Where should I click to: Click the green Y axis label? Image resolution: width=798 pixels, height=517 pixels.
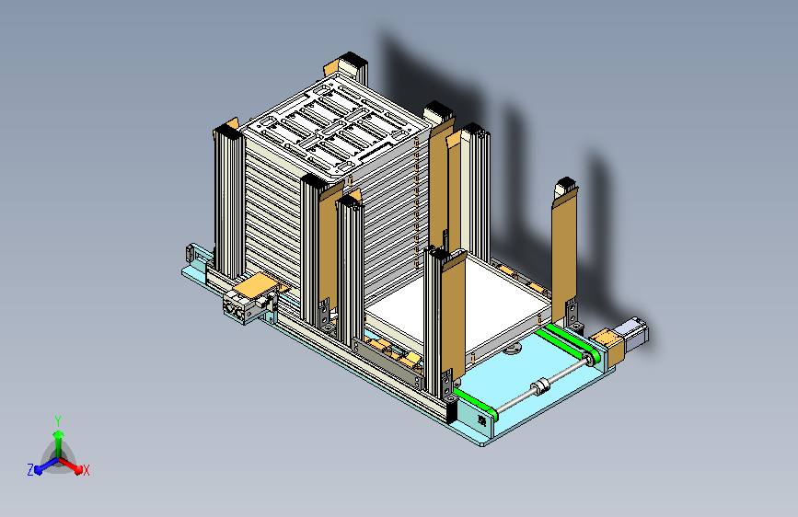tap(58, 421)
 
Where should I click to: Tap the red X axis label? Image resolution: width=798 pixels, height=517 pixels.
tap(86, 470)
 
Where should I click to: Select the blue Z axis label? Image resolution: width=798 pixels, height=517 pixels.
tap(30, 470)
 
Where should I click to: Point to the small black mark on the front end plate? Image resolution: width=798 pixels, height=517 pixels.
tap(481, 420)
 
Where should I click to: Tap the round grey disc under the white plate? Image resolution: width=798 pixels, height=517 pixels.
tap(512, 349)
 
